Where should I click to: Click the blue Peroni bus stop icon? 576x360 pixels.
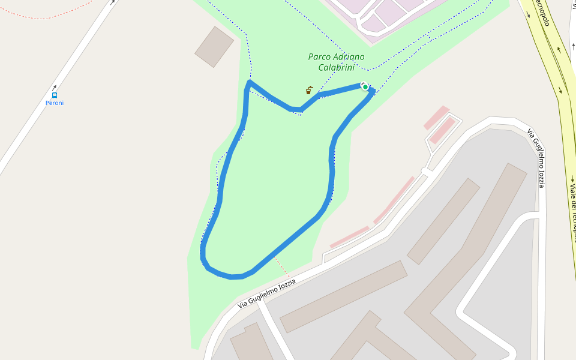(55, 95)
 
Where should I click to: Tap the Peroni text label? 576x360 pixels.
(55, 103)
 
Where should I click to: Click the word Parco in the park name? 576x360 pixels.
(319, 57)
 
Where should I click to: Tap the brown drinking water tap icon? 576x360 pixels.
(309, 91)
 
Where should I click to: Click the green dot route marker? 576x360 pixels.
(365, 87)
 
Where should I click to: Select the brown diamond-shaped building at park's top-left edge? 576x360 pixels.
(214, 46)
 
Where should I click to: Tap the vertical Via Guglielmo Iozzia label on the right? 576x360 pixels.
(537, 158)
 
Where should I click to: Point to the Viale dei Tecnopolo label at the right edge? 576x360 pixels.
(572, 210)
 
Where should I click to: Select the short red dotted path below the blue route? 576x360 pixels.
(283, 268)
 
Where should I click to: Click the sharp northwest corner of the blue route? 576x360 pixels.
(249, 82)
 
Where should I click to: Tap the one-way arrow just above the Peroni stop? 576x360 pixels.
(54, 88)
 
